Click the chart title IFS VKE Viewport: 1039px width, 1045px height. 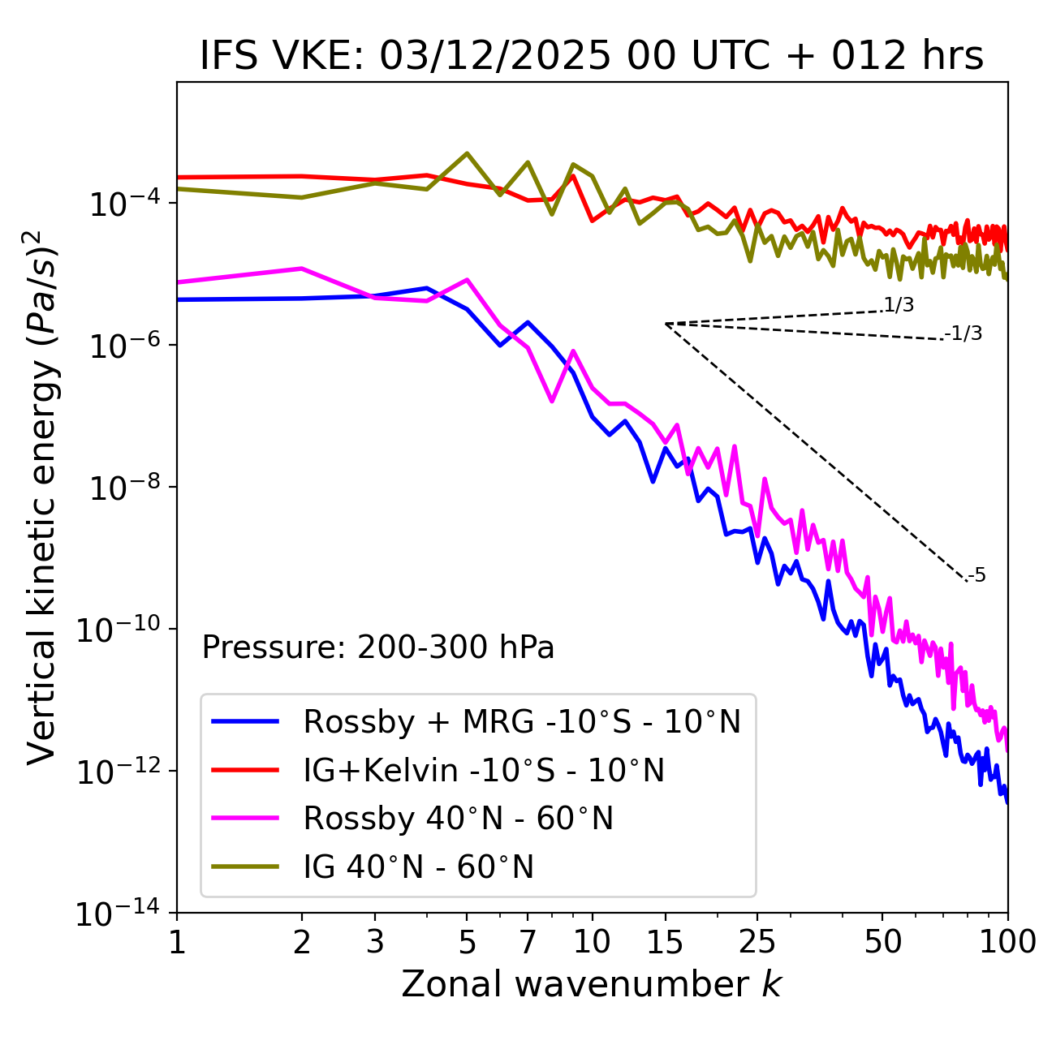(592, 57)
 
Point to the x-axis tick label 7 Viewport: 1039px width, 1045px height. (528, 942)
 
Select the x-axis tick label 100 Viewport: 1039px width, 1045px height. (1007, 942)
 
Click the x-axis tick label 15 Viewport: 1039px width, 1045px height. (665, 942)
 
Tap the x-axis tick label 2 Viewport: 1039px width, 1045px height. (302, 942)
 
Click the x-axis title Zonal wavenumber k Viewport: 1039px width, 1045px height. (592, 984)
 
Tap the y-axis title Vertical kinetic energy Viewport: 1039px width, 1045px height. (45, 497)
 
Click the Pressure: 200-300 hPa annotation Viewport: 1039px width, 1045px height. (378, 647)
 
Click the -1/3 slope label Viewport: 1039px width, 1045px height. (964, 333)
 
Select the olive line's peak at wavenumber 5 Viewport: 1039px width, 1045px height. (467, 153)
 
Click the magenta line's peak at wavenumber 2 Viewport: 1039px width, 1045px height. (302, 269)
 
